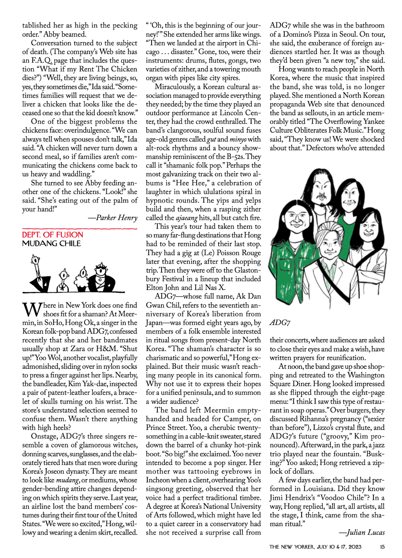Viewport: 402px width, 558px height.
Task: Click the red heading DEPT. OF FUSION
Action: pos(53,235)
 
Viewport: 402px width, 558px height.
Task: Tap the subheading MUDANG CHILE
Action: pos(51,244)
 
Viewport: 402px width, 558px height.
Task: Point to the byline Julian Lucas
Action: pos(365,532)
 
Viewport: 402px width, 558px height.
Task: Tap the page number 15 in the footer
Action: pos(382,547)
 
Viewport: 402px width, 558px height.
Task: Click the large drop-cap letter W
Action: pos(32,310)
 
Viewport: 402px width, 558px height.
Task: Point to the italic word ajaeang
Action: pos(187,218)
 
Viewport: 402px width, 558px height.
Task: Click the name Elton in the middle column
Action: pos(155,288)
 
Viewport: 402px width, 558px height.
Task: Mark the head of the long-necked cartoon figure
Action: pos(36,260)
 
